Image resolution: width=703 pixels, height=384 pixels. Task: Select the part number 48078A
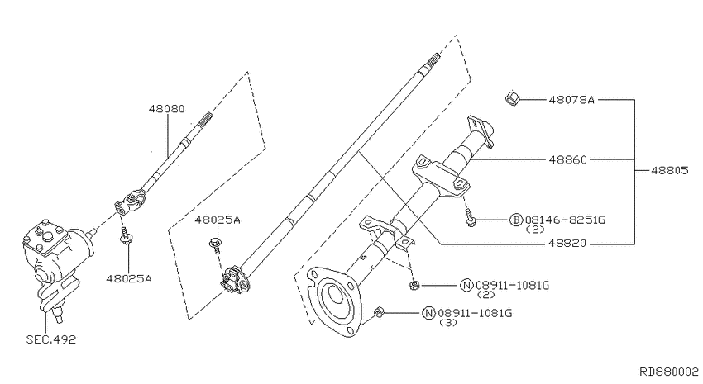pos(571,100)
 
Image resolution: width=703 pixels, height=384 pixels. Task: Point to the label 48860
pos(566,159)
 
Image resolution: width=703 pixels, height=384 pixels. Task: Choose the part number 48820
pos(566,244)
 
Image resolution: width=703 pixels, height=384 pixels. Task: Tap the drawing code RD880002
pos(668,372)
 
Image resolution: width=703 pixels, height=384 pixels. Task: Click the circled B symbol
pos(516,220)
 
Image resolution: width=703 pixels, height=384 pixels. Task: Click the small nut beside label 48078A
pos(511,100)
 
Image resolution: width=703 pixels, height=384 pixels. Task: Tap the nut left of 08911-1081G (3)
pos(377,312)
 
